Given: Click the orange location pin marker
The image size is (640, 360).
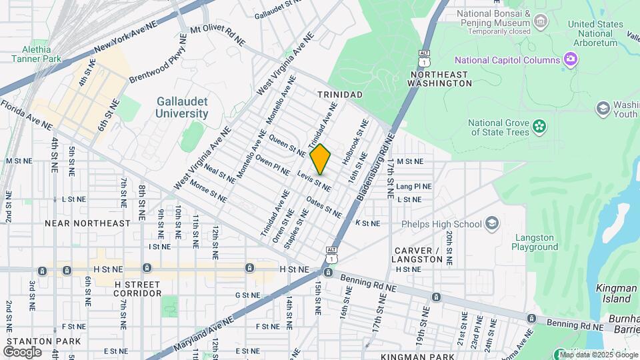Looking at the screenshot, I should tap(321, 159).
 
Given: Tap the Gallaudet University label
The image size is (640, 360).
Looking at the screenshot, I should tap(182, 107).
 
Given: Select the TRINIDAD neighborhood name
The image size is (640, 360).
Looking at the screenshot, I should tap(339, 95).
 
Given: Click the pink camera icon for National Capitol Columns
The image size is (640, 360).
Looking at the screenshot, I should tap(571, 60).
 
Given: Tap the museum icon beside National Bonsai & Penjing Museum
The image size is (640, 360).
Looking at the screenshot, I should tap(541, 22).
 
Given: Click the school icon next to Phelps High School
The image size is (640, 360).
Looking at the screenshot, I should tap(492, 223).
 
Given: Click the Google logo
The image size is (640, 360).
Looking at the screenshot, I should tap(22, 351).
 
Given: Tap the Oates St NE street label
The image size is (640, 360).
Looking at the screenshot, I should tap(324, 207).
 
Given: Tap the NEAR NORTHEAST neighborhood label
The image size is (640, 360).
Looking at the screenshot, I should tap(87, 223).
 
